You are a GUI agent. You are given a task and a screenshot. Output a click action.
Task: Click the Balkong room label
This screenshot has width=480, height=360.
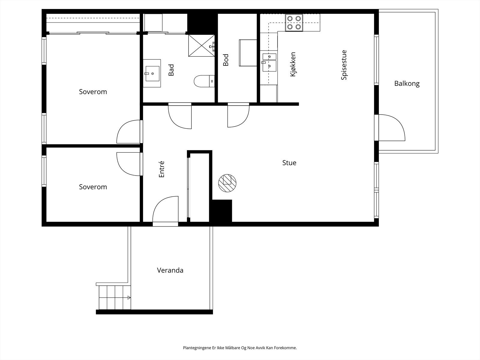(407, 84)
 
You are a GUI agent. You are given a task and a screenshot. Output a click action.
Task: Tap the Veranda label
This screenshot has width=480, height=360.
(170, 270)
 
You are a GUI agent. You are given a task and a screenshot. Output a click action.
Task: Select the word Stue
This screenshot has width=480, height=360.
(289, 163)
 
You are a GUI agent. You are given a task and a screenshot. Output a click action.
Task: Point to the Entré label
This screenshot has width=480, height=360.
(161, 169)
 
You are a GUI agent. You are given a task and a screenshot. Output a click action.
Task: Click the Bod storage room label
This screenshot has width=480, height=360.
(226, 60)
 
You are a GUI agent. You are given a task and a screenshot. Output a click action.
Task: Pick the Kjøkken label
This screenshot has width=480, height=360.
(293, 64)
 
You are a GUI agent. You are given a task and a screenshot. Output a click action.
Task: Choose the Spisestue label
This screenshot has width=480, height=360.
(344, 65)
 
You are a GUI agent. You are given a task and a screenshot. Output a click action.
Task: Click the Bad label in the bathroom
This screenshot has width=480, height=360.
(171, 70)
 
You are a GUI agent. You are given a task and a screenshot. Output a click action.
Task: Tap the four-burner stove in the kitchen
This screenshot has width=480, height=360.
(294, 23)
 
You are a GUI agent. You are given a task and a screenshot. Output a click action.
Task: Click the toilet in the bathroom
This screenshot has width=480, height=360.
(204, 81)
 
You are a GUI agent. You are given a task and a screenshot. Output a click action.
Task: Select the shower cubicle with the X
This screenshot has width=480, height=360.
(201, 46)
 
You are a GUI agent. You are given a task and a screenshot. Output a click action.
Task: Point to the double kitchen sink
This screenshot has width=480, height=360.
(269, 62)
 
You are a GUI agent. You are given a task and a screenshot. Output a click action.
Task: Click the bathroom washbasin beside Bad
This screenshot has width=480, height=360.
(152, 73)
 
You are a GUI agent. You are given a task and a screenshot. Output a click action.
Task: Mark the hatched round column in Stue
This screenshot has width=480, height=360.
(227, 183)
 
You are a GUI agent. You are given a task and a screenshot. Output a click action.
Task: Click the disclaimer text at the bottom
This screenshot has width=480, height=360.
(240, 347)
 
